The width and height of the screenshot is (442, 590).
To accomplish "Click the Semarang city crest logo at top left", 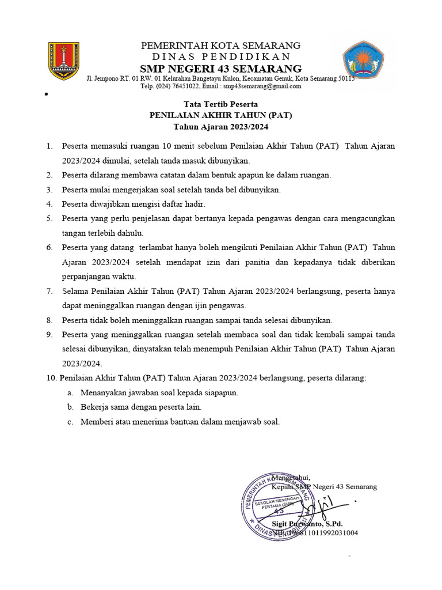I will [x=63, y=61].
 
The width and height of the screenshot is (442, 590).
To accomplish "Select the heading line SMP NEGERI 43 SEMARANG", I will [x=221, y=69].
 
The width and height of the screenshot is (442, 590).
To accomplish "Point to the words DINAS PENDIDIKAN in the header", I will [x=221, y=56].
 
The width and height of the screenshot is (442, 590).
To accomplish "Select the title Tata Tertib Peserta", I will [x=221, y=104].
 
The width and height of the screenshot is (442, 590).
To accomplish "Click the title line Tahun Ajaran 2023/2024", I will [x=221, y=127].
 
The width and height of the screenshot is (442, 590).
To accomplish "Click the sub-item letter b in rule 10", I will [x=70, y=407].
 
